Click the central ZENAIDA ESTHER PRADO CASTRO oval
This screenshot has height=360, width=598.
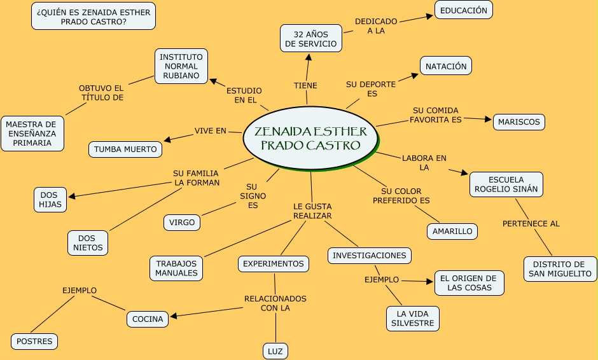click(x=310, y=139)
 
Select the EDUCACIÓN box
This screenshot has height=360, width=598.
click(x=463, y=10)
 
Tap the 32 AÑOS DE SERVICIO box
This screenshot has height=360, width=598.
click(x=310, y=38)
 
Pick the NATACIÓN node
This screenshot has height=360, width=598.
click(x=445, y=66)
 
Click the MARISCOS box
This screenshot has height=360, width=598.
click(x=518, y=121)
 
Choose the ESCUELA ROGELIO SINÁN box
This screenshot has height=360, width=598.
click(x=506, y=184)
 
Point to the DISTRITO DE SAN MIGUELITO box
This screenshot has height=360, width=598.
click(x=560, y=269)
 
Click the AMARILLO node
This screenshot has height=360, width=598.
click(x=452, y=232)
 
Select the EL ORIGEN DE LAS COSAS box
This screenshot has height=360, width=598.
click(x=469, y=283)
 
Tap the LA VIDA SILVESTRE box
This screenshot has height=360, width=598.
click(x=412, y=319)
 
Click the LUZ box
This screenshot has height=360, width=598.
click(x=275, y=351)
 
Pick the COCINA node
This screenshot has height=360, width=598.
click(x=148, y=319)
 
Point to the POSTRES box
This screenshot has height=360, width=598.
click(x=34, y=342)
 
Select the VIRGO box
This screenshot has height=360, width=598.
click(x=182, y=223)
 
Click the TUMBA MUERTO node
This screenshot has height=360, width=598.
click(x=125, y=149)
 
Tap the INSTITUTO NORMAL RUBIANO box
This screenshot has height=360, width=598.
click(x=181, y=66)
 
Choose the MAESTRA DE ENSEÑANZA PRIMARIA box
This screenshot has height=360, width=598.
click(x=32, y=134)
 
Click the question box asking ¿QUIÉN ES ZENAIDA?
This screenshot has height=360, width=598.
click(x=94, y=16)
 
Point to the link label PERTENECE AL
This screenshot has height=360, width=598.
click(x=531, y=224)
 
